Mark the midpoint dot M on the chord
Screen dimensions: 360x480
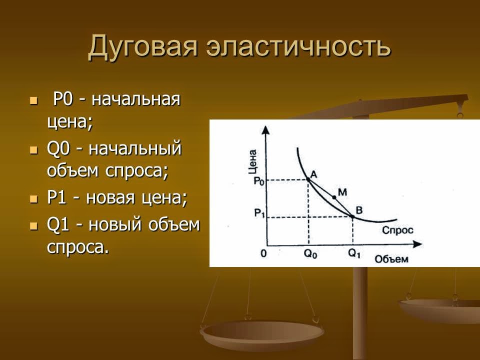click(x=334, y=197)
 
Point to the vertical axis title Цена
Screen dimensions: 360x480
click(x=252, y=161)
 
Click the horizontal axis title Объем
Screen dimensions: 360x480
click(x=391, y=259)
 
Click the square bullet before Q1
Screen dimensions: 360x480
click(x=34, y=225)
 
